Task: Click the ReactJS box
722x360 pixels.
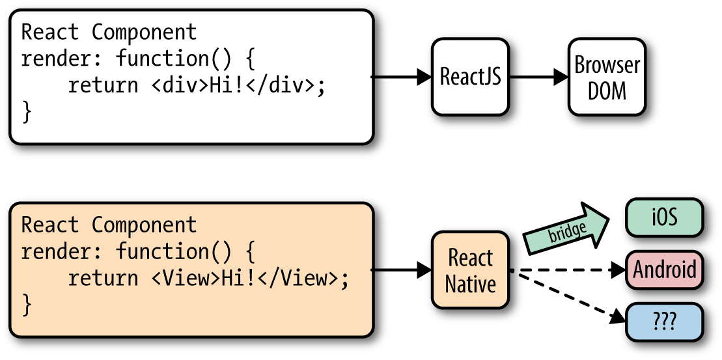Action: point(470,77)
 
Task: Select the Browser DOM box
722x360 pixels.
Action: point(607,77)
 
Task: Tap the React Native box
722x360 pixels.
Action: point(470,270)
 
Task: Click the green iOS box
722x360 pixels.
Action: point(664,217)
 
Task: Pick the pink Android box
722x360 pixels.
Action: point(664,269)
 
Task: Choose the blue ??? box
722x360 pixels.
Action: point(664,322)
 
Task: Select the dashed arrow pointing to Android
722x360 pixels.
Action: point(566,270)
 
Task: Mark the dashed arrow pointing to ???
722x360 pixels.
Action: point(566,296)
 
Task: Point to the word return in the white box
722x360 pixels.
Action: point(104,85)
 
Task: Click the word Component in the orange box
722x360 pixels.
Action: point(144,225)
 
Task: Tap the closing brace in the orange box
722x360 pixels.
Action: point(27,305)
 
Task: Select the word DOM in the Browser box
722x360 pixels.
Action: point(607,90)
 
